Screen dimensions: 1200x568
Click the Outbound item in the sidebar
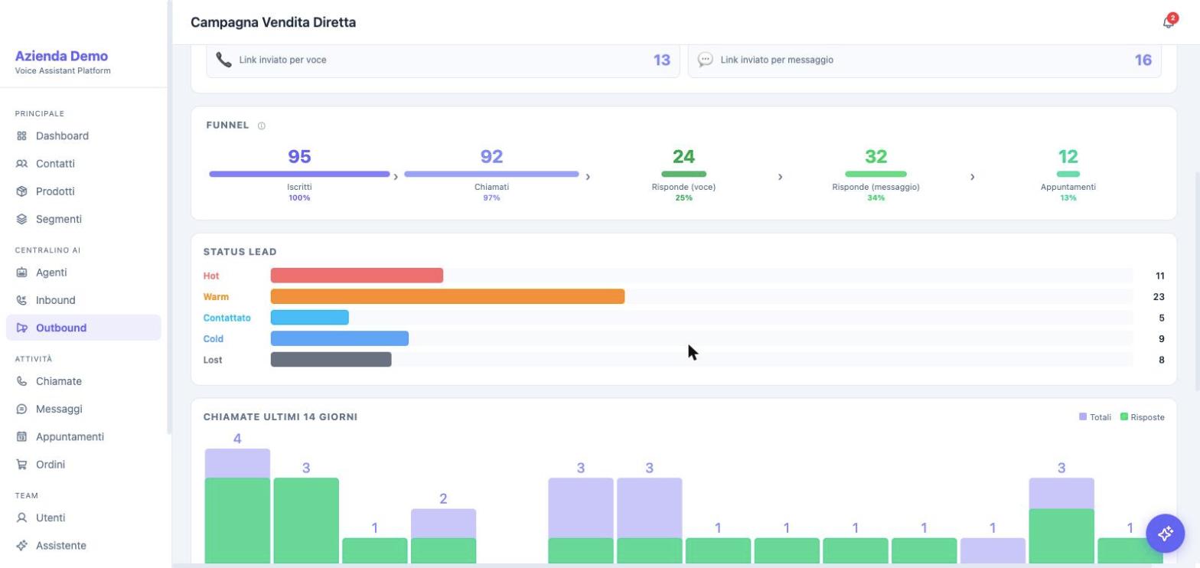pyautogui.click(x=83, y=328)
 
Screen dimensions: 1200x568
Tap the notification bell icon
pyautogui.click(x=1169, y=22)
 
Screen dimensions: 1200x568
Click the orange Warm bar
pyautogui.click(x=447, y=296)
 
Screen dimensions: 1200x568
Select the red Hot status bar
pyautogui.click(x=357, y=276)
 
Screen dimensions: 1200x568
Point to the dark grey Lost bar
pyautogui.click(x=331, y=360)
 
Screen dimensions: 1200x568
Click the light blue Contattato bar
pyautogui.click(x=310, y=317)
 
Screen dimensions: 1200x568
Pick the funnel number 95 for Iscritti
pyautogui.click(x=299, y=156)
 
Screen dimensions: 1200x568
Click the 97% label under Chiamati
pyautogui.click(x=491, y=197)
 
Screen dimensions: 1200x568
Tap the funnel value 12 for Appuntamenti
pyautogui.click(x=1068, y=156)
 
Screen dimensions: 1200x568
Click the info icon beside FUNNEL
pyautogui.click(x=262, y=126)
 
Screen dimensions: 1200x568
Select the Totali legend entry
pyautogui.click(x=1095, y=417)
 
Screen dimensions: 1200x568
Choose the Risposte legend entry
pyautogui.click(x=1142, y=417)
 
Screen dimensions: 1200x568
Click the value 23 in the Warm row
pyautogui.click(x=1159, y=296)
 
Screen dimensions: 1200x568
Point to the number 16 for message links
pyautogui.click(x=1143, y=60)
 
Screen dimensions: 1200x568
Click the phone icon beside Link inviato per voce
pyautogui.click(x=223, y=60)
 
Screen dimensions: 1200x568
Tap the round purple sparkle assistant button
pyautogui.click(x=1165, y=533)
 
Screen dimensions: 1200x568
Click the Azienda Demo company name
pyautogui.click(x=61, y=56)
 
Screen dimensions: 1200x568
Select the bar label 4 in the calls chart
pyautogui.click(x=237, y=439)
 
